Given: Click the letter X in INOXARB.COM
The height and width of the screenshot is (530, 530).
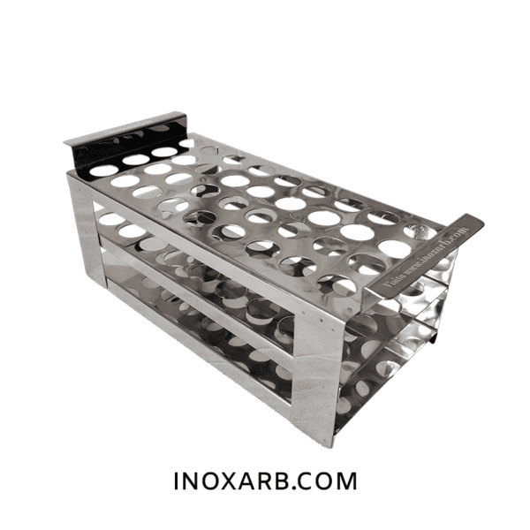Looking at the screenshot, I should (x=230, y=482).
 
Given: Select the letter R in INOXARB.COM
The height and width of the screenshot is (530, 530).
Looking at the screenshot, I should (x=273, y=482).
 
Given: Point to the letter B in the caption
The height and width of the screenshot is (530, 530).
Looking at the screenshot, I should (x=293, y=482).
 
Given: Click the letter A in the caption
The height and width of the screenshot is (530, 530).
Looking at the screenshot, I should (x=252, y=482).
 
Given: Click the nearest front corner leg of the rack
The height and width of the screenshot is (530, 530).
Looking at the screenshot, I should (x=314, y=371).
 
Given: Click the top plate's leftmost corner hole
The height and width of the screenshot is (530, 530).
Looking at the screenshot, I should (x=103, y=170).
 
